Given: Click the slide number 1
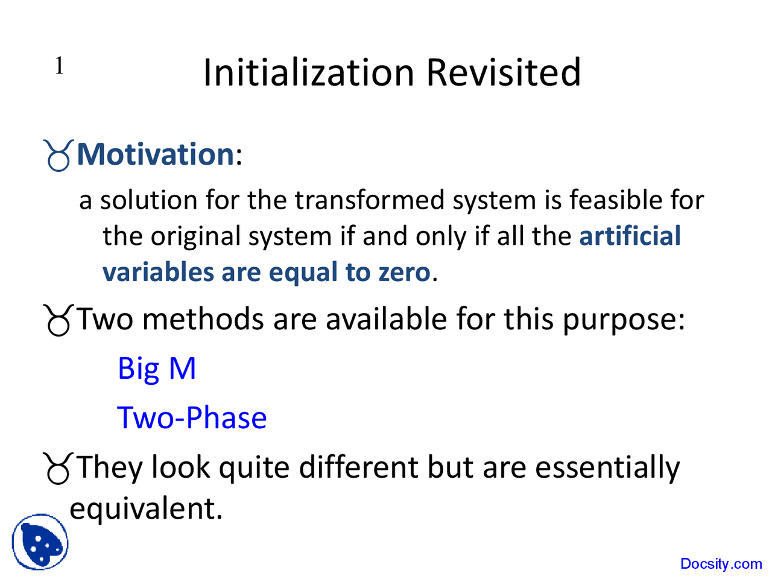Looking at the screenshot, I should click(59, 66).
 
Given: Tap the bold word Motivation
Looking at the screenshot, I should click(156, 154).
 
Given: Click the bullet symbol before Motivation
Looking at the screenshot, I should click(59, 156).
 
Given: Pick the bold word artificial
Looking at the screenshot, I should click(630, 236).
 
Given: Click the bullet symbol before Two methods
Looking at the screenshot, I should click(59, 320).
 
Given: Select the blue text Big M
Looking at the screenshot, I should click(157, 369).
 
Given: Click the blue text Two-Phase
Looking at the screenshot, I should click(192, 418).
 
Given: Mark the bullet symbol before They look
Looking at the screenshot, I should click(59, 469).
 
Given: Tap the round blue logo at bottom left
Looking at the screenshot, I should click(40, 542).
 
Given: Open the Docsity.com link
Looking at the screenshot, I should click(721, 564).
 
